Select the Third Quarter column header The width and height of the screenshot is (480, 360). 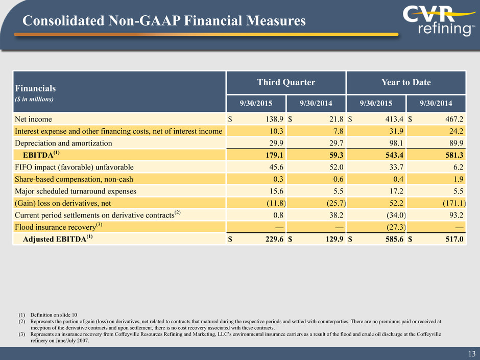(x=285, y=82)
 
